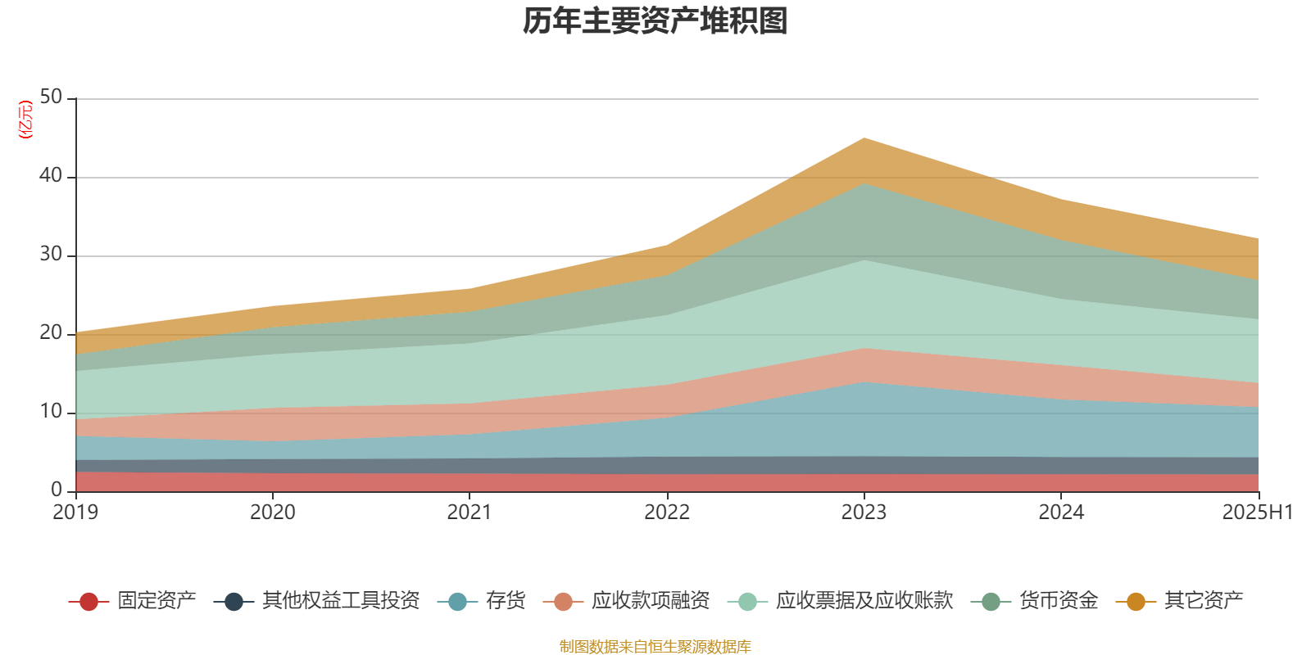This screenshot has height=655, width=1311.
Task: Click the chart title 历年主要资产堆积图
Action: [655, 21]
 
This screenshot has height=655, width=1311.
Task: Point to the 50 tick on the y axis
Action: [51, 97]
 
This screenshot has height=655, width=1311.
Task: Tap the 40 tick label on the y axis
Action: [51, 176]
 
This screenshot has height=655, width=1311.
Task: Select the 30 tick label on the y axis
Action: [51, 255]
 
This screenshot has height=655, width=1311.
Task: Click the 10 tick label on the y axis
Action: [51, 412]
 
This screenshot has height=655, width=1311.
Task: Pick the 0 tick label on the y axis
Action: [56, 490]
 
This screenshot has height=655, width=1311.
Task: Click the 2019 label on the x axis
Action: [75, 513]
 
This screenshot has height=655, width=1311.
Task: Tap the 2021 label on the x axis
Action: [470, 513]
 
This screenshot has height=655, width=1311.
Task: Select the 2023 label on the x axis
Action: [864, 513]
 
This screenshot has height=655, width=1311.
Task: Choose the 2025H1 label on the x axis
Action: [1256, 513]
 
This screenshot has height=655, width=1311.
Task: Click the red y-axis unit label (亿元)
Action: [25, 120]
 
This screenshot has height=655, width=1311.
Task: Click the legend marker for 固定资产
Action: [88, 602]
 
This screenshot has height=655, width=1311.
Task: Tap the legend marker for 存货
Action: [457, 602]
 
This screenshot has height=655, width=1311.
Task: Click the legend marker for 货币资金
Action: [991, 602]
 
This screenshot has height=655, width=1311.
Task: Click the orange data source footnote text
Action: [655, 647]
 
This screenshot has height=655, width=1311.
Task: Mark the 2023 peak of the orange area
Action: [864, 138]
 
